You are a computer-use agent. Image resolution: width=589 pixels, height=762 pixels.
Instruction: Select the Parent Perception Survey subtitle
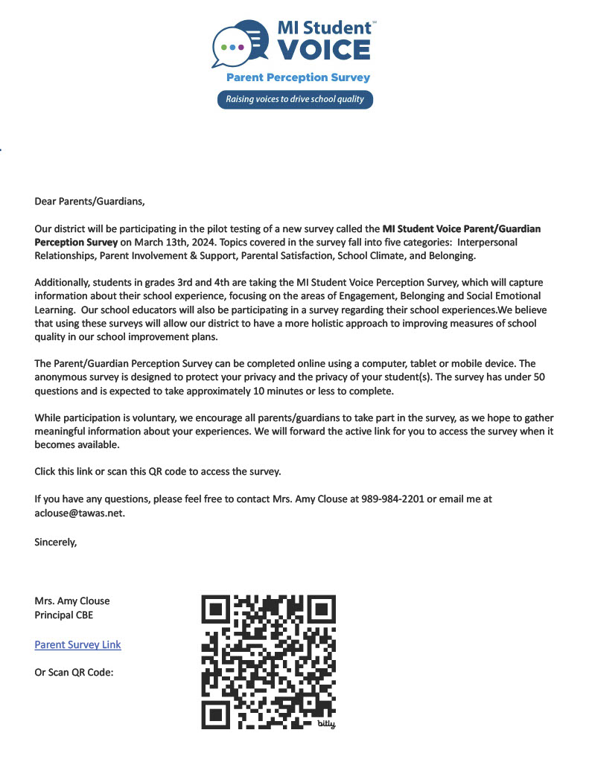298,77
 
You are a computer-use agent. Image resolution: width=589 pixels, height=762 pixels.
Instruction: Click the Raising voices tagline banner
295,99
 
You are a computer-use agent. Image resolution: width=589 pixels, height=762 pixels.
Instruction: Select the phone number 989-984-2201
392,499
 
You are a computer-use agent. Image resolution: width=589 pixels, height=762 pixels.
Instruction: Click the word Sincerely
56,542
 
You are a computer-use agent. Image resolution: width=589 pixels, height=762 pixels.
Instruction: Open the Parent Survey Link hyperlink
77,644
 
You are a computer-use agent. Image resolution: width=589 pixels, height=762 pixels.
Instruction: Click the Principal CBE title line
64,615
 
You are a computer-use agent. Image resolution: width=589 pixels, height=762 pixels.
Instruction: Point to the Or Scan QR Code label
74,672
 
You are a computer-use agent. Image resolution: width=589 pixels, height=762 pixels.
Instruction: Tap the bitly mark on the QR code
327,723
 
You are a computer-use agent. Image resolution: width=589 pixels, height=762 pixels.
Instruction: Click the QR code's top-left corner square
217,609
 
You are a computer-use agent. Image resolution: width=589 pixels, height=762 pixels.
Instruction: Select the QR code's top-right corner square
321,609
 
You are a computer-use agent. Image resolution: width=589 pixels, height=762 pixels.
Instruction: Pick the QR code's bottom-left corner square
217,714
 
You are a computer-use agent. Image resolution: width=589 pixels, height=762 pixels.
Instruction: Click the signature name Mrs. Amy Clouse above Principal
72,601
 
